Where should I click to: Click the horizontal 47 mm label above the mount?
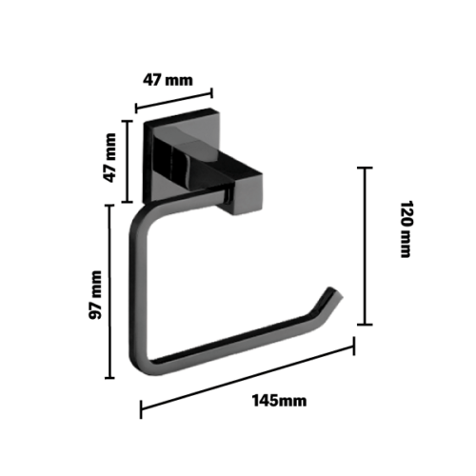pyautogui.click(x=168, y=80)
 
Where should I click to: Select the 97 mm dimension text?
pyautogui.click(x=95, y=295)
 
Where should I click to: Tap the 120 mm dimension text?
pyautogui.click(x=406, y=228)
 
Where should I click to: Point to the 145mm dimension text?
pyautogui.click(x=279, y=401)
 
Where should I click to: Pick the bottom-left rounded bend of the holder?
pyautogui.click(x=141, y=364)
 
